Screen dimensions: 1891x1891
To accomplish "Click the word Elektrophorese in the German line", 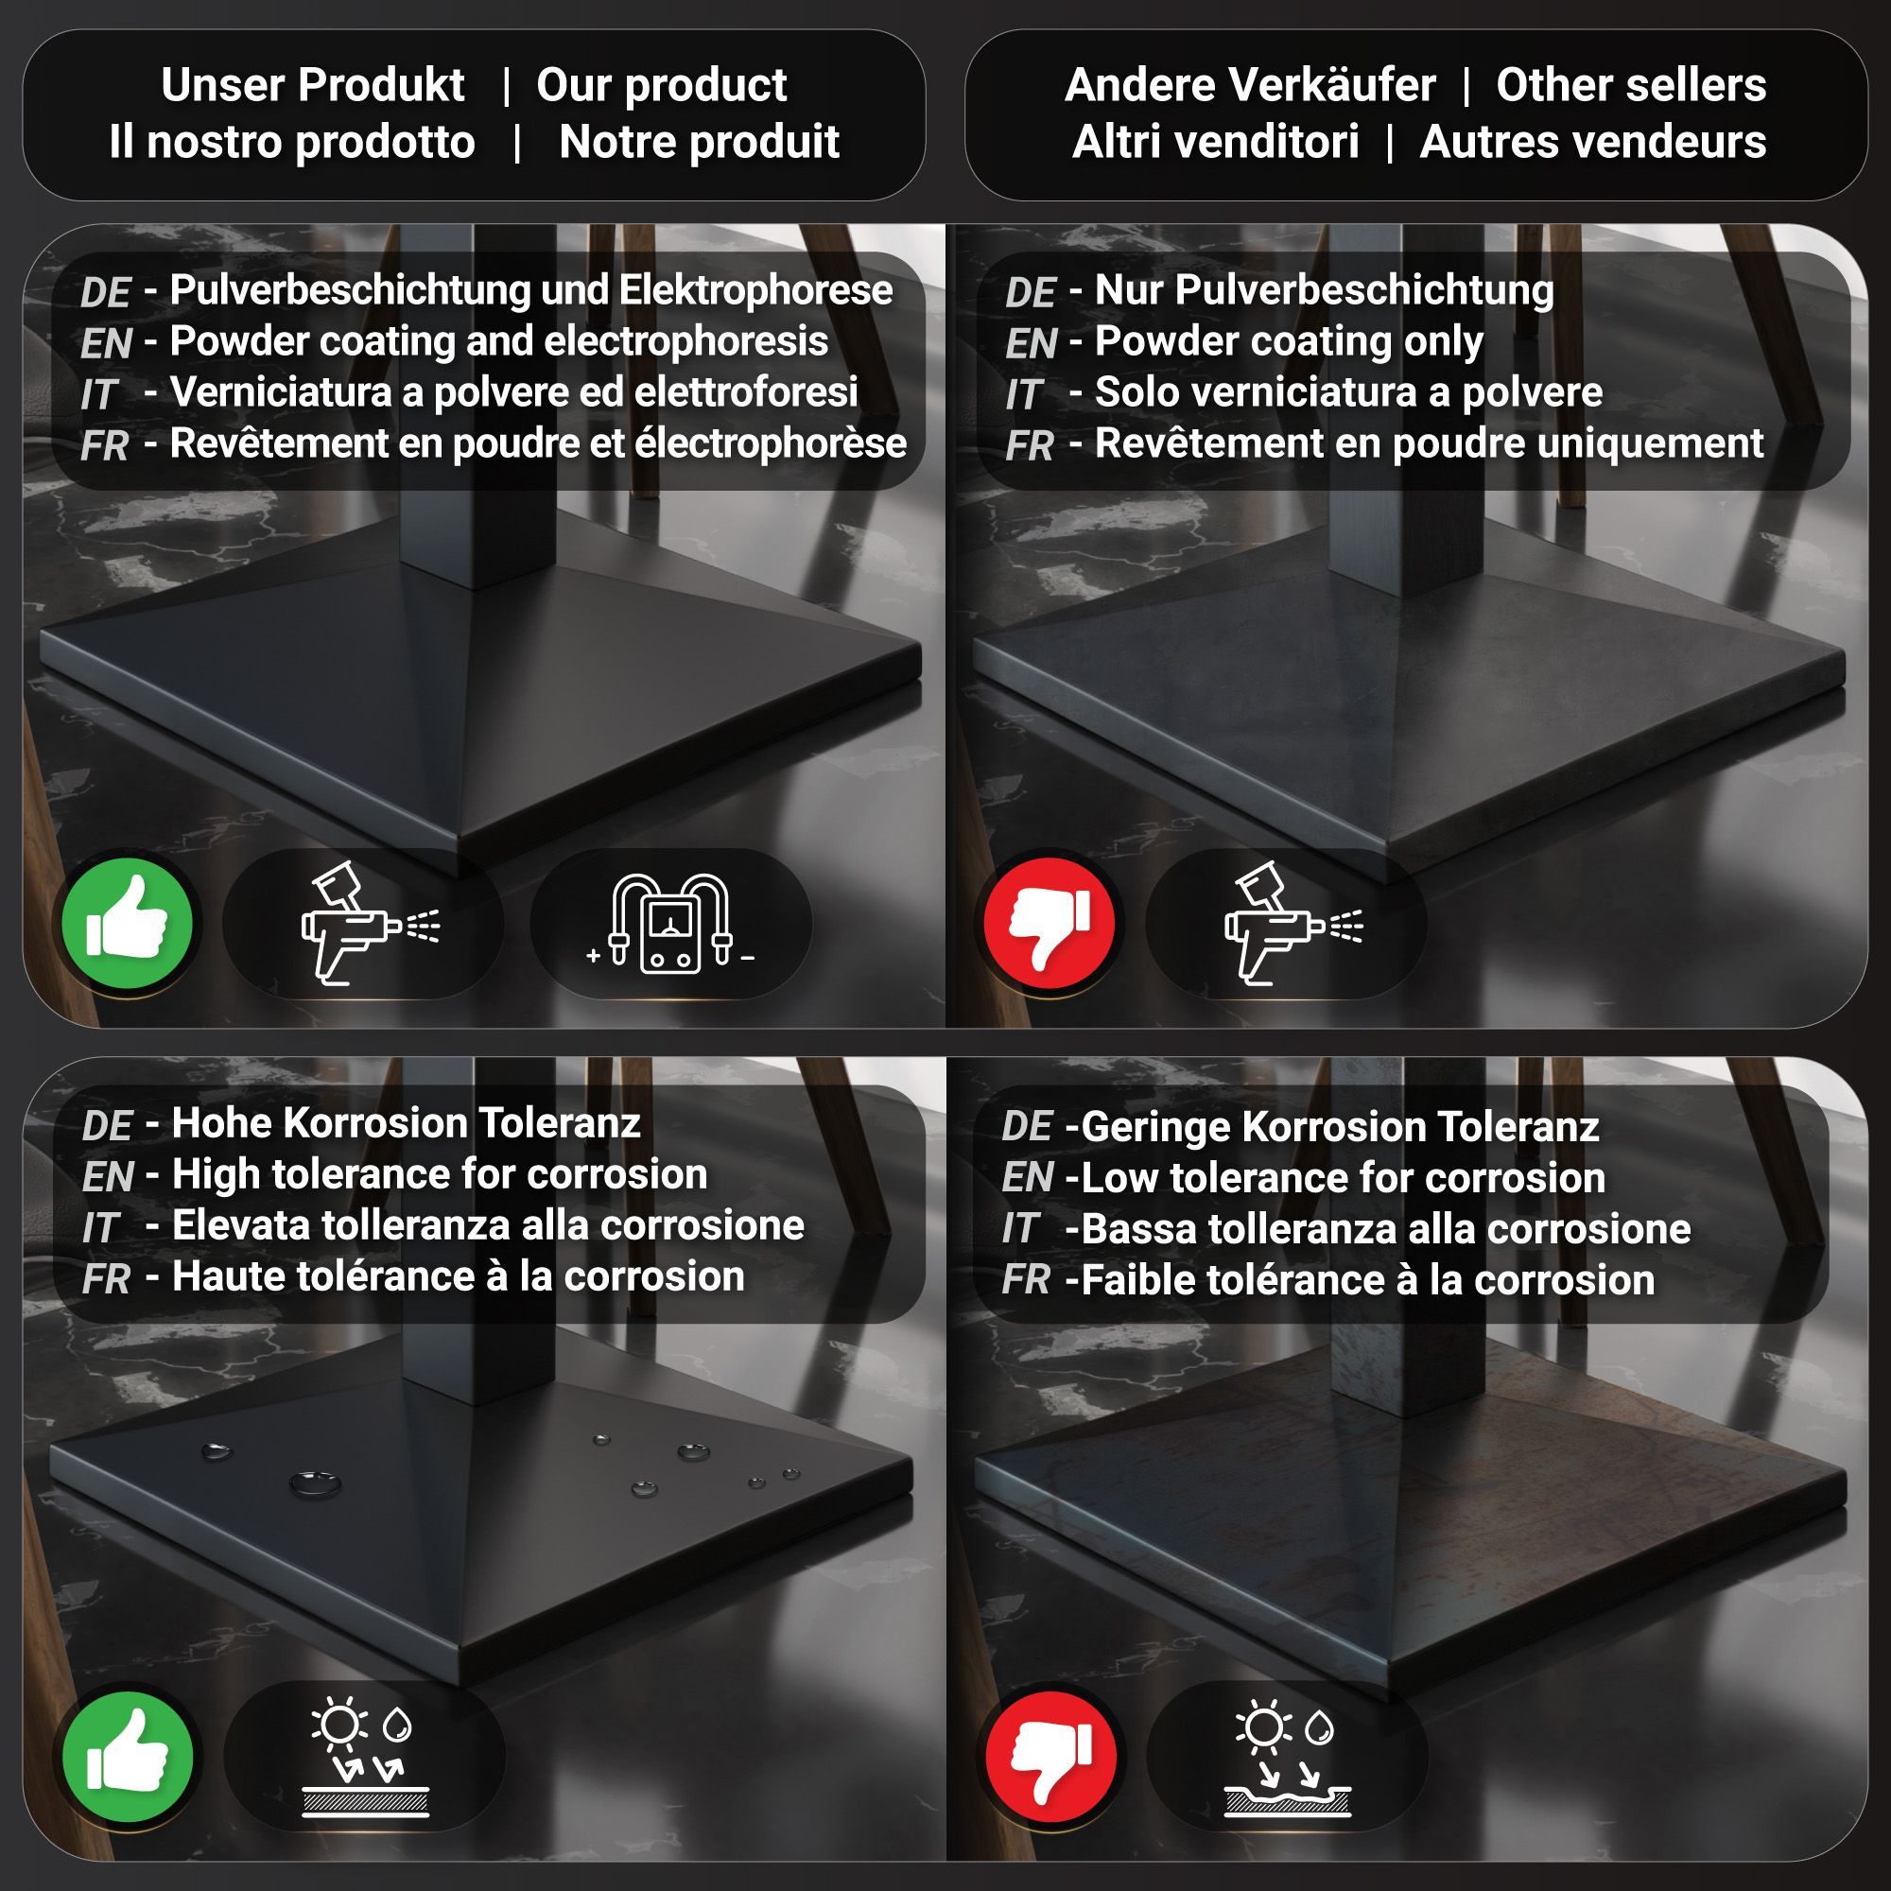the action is point(755,290).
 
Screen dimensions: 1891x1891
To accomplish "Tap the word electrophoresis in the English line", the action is point(686,341).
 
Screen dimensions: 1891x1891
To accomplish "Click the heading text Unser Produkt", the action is point(313,85).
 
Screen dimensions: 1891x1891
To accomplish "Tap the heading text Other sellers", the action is point(1631,85).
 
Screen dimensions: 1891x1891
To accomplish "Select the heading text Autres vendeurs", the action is point(1592,142).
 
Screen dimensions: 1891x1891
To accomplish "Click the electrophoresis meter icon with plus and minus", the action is point(670,924).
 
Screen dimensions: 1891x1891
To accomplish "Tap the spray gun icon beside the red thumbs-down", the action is point(1292,924).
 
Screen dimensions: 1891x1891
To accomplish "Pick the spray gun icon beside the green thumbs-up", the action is point(370,924).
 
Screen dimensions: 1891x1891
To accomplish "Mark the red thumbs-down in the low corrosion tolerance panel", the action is point(1050,1757).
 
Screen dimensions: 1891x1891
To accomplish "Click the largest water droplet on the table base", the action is point(315,1483).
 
